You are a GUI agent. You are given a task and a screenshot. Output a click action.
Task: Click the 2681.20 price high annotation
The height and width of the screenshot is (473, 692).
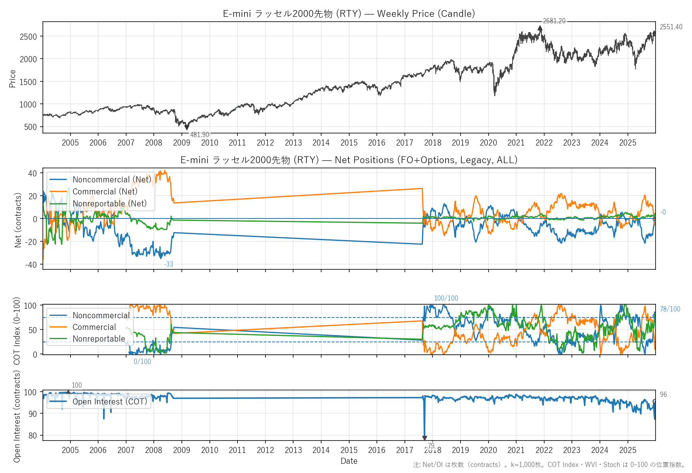point(554,21)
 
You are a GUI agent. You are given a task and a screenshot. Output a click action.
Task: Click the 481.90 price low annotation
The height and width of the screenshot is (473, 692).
point(199,135)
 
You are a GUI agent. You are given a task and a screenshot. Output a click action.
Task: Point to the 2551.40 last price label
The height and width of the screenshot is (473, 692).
point(671,27)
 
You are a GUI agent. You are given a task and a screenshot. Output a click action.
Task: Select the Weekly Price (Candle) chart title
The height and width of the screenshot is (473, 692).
point(349,14)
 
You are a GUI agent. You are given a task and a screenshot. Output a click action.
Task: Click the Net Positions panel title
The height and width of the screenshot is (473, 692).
point(349,160)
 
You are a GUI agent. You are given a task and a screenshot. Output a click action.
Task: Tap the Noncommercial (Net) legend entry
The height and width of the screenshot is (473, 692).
point(112,180)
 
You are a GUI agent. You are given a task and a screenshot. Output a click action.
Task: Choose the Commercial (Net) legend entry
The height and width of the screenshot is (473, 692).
point(105,192)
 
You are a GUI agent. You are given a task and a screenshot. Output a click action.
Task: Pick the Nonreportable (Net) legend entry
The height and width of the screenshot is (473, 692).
point(109,204)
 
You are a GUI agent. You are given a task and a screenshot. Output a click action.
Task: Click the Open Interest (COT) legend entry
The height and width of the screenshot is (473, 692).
point(110,402)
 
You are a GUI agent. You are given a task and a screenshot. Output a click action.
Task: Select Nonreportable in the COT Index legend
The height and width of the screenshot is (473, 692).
point(99,339)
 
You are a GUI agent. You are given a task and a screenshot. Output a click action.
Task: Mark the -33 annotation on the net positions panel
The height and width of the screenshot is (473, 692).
point(169,264)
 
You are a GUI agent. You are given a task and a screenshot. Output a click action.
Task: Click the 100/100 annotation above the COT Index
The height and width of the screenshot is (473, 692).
point(446,298)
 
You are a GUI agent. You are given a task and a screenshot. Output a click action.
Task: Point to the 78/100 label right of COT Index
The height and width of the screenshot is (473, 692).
point(670,309)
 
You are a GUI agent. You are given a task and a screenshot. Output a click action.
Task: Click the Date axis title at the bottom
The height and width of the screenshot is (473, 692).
point(349,461)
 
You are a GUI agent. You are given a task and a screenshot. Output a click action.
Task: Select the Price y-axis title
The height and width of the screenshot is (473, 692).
point(12,79)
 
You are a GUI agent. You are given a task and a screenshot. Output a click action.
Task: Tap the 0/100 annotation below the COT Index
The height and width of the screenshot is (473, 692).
point(142,362)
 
